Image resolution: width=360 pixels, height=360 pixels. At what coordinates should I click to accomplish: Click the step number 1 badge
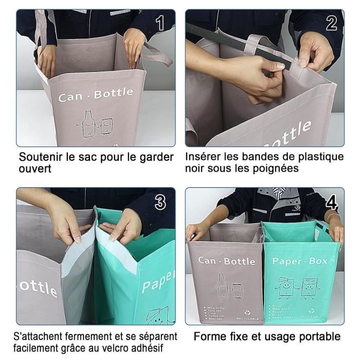160,23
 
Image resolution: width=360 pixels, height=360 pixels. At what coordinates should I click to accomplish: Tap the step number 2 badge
331,23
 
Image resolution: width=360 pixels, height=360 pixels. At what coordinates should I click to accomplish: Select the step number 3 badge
160,203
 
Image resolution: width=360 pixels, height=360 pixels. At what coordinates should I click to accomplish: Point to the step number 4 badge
332,203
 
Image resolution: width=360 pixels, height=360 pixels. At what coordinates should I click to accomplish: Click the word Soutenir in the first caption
41,156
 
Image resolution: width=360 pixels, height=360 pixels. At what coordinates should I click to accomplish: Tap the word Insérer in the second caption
204,156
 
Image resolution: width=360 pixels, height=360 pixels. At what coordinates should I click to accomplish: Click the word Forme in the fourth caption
208,337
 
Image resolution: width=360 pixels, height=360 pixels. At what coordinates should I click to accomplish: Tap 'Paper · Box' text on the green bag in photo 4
300,262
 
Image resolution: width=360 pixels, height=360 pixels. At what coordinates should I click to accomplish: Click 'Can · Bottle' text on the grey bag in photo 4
226,261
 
